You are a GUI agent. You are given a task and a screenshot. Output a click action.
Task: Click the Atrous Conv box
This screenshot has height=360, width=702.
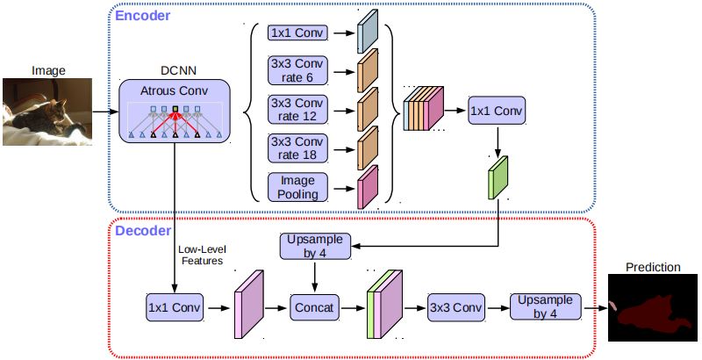pyautogui.click(x=175, y=111)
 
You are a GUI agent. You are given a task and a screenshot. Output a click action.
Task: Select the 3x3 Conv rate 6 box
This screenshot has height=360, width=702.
pyautogui.click(x=297, y=70)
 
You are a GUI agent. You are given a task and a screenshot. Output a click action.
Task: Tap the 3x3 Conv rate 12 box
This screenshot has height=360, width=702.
pyautogui.click(x=297, y=109)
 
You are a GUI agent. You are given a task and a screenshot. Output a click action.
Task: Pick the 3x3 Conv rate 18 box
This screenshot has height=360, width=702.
pyautogui.click(x=297, y=148)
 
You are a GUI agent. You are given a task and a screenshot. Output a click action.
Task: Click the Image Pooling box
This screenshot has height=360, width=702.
pyautogui.click(x=297, y=187)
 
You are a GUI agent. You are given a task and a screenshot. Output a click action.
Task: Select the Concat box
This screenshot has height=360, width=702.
pyautogui.click(x=314, y=307)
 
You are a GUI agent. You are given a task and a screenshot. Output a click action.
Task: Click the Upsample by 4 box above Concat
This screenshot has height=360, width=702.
pyautogui.click(x=315, y=246)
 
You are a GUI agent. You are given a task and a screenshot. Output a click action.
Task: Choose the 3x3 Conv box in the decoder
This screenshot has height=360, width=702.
pyautogui.click(x=455, y=307)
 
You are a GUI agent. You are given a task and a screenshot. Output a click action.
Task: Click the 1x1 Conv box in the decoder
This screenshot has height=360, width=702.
pyautogui.click(x=175, y=307)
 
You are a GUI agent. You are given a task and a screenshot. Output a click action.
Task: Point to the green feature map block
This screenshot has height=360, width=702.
pyautogui.click(x=498, y=177)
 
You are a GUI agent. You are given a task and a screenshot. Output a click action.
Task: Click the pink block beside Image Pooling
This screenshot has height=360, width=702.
pyautogui.click(x=368, y=187)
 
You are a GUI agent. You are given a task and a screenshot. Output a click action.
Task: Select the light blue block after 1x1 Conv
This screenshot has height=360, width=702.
pyautogui.click(x=368, y=32)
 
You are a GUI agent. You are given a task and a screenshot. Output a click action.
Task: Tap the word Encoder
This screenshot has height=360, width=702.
pyautogui.click(x=143, y=16)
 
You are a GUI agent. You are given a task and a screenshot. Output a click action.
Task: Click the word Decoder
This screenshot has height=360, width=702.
pyautogui.click(x=143, y=231)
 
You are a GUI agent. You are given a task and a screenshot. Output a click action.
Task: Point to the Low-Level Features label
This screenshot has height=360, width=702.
pyautogui.click(x=202, y=255)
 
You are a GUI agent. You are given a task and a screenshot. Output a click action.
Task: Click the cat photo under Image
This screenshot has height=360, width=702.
pyautogui.click(x=47, y=112)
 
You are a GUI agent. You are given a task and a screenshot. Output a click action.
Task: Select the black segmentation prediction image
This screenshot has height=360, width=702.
pyautogui.click(x=653, y=307)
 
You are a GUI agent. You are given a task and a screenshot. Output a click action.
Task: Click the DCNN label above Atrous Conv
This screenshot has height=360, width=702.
pyautogui.click(x=178, y=71)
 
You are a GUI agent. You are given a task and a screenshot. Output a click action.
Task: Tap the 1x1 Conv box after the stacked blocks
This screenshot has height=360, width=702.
pyautogui.click(x=497, y=110)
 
